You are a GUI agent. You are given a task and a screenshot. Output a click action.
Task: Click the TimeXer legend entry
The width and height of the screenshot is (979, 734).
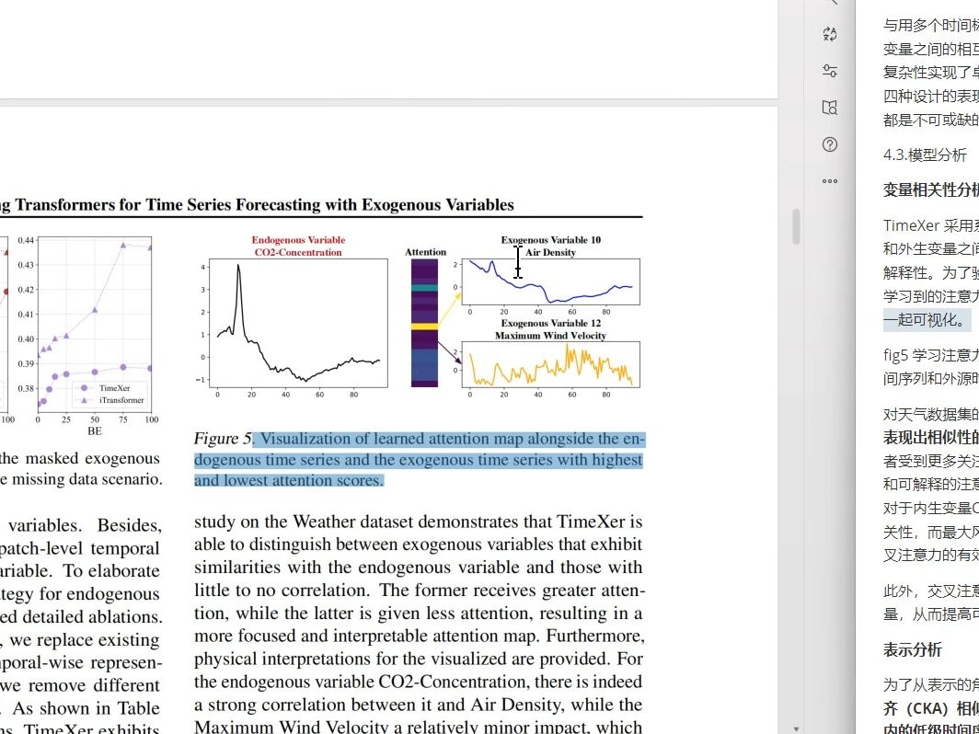(x=114, y=388)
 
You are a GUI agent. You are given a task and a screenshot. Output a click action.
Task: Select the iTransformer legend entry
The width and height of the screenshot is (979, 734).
(x=121, y=400)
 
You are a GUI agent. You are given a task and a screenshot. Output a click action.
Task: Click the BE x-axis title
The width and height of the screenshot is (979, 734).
(x=94, y=430)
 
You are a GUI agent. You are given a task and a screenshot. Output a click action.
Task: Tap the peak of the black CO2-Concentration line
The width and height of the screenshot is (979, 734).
(x=238, y=266)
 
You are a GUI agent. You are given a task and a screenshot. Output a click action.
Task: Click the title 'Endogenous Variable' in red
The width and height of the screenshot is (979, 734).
(x=298, y=241)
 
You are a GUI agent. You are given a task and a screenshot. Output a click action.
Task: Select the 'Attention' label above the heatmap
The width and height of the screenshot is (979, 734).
(x=425, y=252)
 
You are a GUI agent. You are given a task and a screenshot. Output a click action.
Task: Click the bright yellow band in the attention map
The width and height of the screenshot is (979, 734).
(x=424, y=327)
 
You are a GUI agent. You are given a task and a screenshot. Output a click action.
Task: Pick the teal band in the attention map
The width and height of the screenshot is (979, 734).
(x=424, y=287)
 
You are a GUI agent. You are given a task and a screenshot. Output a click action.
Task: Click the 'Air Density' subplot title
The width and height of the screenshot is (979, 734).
(x=550, y=252)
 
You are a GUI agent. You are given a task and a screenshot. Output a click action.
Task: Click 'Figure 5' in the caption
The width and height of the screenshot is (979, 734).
(x=222, y=439)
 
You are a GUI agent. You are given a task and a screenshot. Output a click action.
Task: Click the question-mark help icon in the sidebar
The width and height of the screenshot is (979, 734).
(x=830, y=144)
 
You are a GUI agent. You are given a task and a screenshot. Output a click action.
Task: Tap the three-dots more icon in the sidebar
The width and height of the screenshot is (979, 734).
(x=830, y=181)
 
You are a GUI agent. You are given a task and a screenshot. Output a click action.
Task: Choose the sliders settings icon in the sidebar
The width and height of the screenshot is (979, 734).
(x=830, y=71)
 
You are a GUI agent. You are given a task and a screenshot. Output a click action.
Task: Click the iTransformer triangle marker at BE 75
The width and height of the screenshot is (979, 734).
(x=123, y=246)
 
